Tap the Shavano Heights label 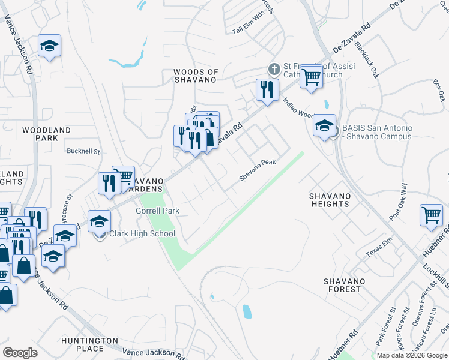pyautogui.click(x=329, y=200)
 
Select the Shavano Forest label pyautogui.click(x=342, y=284)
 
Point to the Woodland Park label pyautogui.click(x=46, y=134)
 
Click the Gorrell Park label pyautogui.click(x=158, y=211)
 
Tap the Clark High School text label pyautogui.click(x=142, y=233)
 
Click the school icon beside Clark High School pyautogui.click(x=100, y=223)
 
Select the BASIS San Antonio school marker pyautogui.click(x=324, y=126)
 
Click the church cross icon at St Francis pyautogui.click(x=274, y=69)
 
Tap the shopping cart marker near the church pyautogui.click(x=310, y=76)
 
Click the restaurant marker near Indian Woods pyautogui.click(x=267, y=90)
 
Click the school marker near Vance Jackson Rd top pyautogui.click(x=49, y=46)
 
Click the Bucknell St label pyautogui.click(x=83, y=151)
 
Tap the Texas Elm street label pyautogui.click(x=378, y=251)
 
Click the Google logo pyautogui.click(x=20, y=353)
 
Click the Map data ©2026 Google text pyautogui.click(x=411, y=355)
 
